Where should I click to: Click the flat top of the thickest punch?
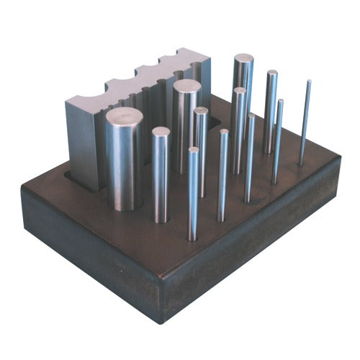(x=124, y=115)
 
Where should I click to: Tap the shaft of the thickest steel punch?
(x=124, y=166)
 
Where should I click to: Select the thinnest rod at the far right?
(x=305, y=122)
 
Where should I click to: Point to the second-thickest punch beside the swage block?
(x=186, y=130)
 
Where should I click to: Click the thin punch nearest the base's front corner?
(x=193, y=194)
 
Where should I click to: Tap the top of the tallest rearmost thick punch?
(x=243, y=59)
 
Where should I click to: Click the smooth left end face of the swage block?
(x=81, y=140)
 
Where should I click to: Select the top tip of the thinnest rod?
(x=309, y=82)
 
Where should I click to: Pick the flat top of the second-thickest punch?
(x=186, y=86)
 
